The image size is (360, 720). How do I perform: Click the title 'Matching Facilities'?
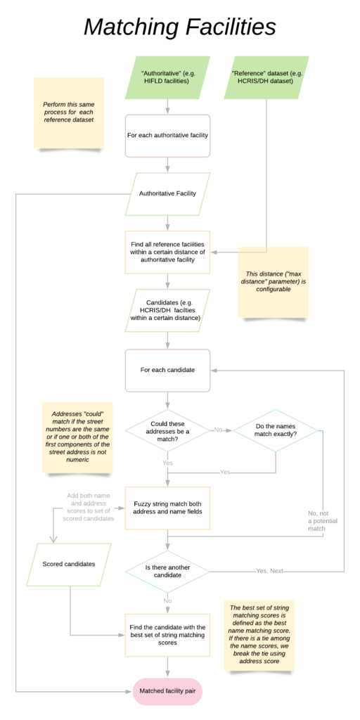tap(179, 27)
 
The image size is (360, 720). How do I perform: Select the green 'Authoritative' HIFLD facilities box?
tap(167, 77)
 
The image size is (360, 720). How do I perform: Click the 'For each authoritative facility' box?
tap(167, 135)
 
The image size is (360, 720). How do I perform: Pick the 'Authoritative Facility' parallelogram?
tap(167, 193)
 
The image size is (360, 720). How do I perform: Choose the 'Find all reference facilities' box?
tap(167, 252)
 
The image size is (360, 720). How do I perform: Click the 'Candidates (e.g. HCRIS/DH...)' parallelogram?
tap(167, 310)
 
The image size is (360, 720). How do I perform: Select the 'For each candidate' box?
tap(167, 370)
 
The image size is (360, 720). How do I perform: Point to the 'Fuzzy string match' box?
tap(167, 508)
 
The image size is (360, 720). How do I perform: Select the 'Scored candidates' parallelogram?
tap(69, 564)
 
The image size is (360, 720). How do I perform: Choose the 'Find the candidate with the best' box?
tap(167, 635)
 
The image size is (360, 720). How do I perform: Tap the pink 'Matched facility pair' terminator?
tap(167, 692)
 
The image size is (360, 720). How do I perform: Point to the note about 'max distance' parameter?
tap(274, 281)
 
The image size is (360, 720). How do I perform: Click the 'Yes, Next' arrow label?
tap(270, 570)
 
